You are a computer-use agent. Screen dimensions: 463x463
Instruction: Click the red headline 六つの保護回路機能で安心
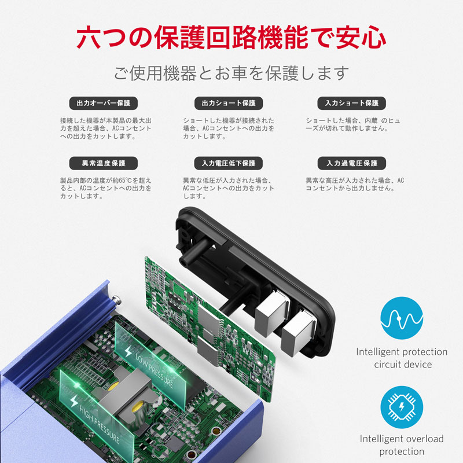pyautogui.click(x=231, y=38)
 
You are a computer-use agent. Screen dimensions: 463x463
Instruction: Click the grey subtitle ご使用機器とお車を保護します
pyautogui.click(x=231, y=74)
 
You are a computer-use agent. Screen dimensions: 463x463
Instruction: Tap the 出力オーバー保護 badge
pyautogui.click(x=104, y=103)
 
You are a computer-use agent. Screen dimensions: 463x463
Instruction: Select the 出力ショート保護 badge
pyautogui.click(x=229, y=103)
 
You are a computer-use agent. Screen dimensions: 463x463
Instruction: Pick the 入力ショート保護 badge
pyautogui.click(x=352, y=103)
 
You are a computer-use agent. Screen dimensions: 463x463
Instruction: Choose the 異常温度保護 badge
pyautogui.click(x=104, y=163)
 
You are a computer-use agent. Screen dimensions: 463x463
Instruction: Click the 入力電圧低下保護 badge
pyautogui.click(x=229, y=163)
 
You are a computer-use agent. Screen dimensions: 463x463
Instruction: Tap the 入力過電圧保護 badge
pyautogui.click(x=352, y=163)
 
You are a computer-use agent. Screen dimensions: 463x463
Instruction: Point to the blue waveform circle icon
pyautogui.click(x=402, y=318)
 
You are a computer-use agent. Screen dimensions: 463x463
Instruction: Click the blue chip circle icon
pyautogui.click(x=402, y=407)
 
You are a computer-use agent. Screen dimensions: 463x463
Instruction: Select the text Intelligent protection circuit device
pyautogui.click(x=402, y=358)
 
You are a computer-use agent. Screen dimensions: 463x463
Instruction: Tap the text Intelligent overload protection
pyautogui.click(x=402, y=445)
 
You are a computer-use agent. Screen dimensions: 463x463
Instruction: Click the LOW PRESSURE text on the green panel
pyautogui.click(x=154, y=370)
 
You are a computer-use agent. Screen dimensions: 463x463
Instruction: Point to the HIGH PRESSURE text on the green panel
pyautogui.click(x=99, y=424)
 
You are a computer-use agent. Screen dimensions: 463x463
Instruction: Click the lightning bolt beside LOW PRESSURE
pyautogui.click(x=128, y=351)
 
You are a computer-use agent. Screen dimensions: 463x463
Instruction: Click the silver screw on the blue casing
pyautogui.click(x=117, y=300)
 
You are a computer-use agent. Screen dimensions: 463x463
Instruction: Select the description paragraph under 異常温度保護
pyautogui.click(x=105, y=188)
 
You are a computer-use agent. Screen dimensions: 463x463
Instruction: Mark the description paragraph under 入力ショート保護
pyautogui.click(x=353, y=124)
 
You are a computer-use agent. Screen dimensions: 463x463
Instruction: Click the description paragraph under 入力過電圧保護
pyautogui.click(x=355, y=184)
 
